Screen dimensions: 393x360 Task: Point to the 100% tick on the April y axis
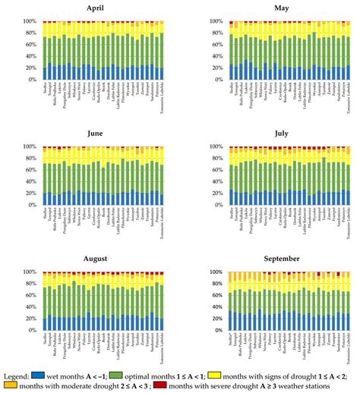(30, 21)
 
